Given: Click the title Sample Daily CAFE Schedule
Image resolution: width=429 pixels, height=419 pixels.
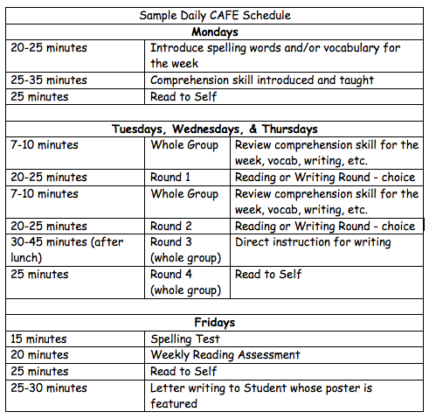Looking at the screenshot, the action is click(215, 16).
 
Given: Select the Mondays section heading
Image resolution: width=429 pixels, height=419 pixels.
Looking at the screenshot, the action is click(215, 31).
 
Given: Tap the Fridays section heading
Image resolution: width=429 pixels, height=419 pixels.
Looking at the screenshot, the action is click(215, 323).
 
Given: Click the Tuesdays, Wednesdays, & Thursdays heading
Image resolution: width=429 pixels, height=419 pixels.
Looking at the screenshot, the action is click(215, 129).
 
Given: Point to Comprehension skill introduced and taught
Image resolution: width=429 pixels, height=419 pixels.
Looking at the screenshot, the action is click(262, 80).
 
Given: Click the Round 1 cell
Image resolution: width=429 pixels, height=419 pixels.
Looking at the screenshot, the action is click(170, 178).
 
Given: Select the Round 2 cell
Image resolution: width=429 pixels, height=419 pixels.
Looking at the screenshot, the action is click(170, 226).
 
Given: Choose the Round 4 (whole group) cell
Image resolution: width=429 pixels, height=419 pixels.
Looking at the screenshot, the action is click(184, 282).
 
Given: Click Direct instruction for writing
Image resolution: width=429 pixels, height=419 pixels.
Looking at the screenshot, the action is click(313, 242).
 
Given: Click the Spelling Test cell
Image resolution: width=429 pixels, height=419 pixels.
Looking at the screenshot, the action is click(185, 339).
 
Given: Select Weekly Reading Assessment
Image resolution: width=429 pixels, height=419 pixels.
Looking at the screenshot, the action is click(225, 355).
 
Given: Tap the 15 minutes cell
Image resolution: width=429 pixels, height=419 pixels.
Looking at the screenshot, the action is click(40, 339).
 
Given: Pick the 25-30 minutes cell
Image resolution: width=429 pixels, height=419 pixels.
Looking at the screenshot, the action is click(49, 388).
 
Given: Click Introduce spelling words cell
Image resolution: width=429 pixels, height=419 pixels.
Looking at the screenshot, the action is click(272, 55).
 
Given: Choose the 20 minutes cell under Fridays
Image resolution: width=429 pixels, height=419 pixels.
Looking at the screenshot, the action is click(40, 355).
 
